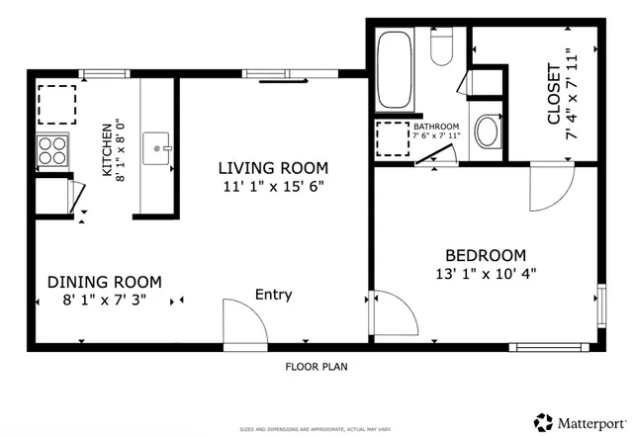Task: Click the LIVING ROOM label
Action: pos(273,168)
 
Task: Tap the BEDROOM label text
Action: pos(485,254)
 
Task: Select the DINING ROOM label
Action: pos(105,282)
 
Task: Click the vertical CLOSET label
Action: pos(554,95)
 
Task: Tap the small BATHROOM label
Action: pos(436,127)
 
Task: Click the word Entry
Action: pos(274,295)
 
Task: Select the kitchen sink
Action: pos(157,149)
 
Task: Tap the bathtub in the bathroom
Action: pos(396,71)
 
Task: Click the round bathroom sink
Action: pos(487,131)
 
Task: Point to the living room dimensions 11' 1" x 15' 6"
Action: pos(273,186)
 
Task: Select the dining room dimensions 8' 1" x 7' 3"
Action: pos(105,300)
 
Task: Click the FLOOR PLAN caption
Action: pos(316,366)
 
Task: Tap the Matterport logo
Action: pos(580,420)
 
